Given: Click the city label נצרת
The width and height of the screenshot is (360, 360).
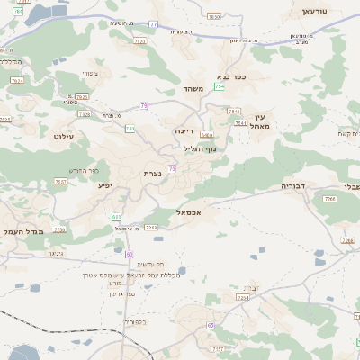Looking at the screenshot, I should click(x=151, y=173).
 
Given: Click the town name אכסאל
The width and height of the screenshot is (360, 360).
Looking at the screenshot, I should click(x=183, y=212).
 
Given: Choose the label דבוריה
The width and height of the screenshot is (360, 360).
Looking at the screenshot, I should click(x=294, y=187).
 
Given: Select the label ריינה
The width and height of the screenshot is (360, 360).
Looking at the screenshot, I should click(x=184, y=130).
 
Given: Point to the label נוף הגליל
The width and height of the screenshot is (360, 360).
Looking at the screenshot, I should click(x=201, y=148).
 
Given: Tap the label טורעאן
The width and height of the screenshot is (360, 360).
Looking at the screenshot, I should click(x=319, y=11).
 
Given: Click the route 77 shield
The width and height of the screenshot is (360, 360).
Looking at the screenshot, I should click(x=153, y=23).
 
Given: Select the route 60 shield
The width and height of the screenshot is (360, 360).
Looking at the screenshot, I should click(x=130, y=255).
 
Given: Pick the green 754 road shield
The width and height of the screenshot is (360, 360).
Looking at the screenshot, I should click(x=220, y=86).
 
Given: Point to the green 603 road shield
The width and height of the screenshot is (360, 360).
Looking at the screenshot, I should click(x=116, y=217).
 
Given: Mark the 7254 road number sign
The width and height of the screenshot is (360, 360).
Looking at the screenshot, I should click(x=241, y=297).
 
